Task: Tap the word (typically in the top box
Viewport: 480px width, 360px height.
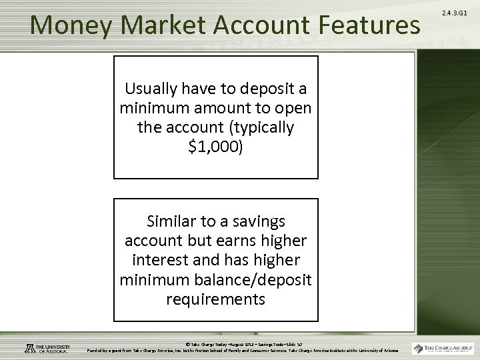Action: click(x=259, y=127)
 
